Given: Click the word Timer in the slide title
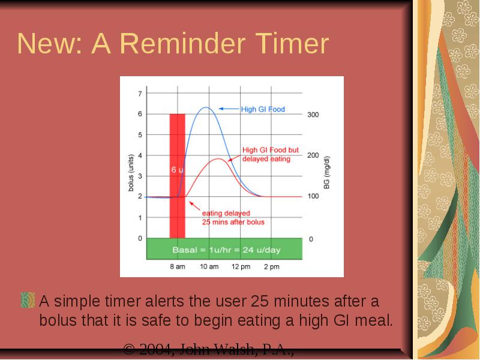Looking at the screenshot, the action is pyautogui.click(x=292, y=44).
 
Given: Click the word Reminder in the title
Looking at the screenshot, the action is pyautogui.click(x=183, y=44).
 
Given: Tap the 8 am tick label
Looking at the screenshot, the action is pyautogui.click(x=178, y=266).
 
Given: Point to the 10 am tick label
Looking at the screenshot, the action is pyautogui.click(x=209, y=266).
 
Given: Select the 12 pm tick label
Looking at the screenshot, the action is pyautogui.click(x=241, y=266).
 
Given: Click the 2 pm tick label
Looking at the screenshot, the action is pyautogui.click(x=272, y=266).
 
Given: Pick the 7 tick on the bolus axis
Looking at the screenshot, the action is pyautogui.click(x=140, y=94).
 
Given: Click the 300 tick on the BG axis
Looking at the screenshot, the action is pyautogui.click(x=313, y=115).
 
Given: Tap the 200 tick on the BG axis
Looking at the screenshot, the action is pyautogui.click(x=313, y=155).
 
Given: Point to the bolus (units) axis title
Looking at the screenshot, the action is pyautogui.click(x=131, y=173).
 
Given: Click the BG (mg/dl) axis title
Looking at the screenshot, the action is pyautogui.click(x=326, y=173).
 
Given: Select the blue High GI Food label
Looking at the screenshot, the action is pyautogui.click(x=263, y=109).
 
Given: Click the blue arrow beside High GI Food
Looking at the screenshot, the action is pyautogui.click(x=229, y=109).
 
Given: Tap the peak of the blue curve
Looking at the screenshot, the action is pyautogui.click(x=206, y=107).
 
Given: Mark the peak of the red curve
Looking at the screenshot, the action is pyautogui.click(x=218, y=158).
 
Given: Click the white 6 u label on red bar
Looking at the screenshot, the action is pyautogui.click(x=178, y=170).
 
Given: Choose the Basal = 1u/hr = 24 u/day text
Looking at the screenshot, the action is pyautogui.click(x=226, y=250).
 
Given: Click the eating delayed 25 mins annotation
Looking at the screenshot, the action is pyautogui.click(x=233, y=217).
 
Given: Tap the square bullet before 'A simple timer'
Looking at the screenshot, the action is pyautogui.click(x=28, y=300).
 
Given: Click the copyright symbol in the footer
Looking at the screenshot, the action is pyautogui.click(x=129, y=349).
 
